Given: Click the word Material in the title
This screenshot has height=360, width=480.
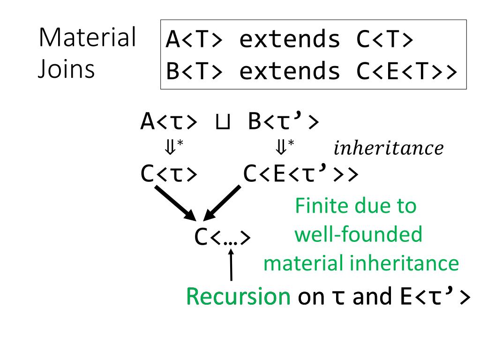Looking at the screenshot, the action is click(x=87, y=38).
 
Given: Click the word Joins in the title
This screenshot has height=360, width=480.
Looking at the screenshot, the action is click(x=66, y=69).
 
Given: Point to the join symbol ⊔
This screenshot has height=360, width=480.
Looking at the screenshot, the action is click(x=223, y=123).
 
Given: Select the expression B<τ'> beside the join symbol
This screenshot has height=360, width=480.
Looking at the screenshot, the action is click(x=284, y=122).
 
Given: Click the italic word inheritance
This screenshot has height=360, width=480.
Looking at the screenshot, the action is click(x=388, y=149).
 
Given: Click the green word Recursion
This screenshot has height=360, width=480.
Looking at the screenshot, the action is click(x=238, y=297).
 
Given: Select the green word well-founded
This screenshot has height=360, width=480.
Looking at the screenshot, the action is click(x=358, y=234).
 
